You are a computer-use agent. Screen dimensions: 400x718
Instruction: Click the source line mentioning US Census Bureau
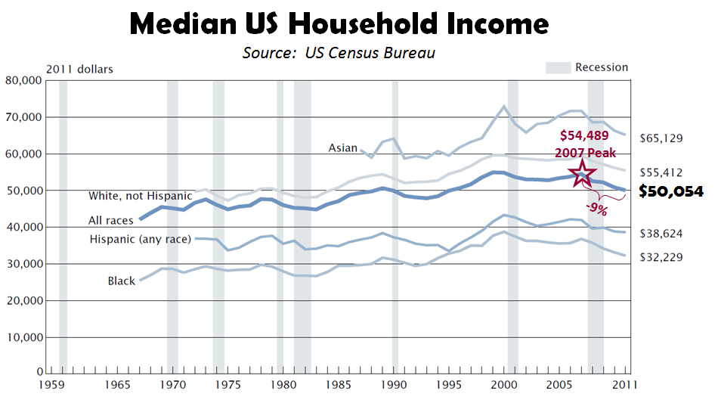click(x=339, y=53)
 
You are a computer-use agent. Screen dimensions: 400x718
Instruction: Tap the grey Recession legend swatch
click(x=558, y=68)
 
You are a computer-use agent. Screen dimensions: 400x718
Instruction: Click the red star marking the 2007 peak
click(x=581, y=173)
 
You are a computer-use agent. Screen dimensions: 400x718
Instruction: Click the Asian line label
click(x=342, y=148)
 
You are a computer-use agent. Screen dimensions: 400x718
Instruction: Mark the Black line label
click(x=121, y=281)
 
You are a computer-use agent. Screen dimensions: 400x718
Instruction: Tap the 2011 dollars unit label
click(x=79, y=70)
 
